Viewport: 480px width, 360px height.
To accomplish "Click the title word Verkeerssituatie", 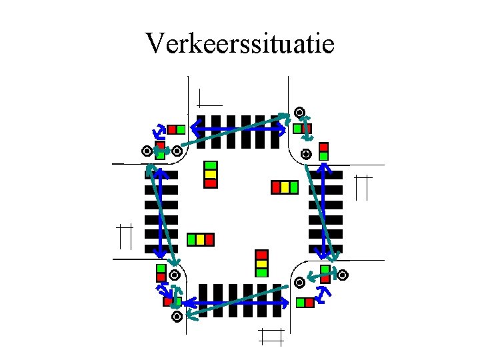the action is (x=239, y=44).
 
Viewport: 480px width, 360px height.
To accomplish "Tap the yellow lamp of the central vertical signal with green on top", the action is (x=210, y=173).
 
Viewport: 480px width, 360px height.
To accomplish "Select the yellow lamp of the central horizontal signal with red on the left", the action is (x=285, y=187).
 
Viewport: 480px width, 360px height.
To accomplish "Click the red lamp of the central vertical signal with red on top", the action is (x=261, y=255).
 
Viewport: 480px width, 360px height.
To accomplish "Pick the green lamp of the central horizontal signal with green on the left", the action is (x=192, y=239).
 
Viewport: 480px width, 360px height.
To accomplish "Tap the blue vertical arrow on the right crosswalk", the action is (x=323, y=212).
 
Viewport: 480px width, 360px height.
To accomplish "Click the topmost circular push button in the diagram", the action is (x=299, y=112).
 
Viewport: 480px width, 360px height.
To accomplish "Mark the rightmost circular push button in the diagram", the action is (x=343, y=274).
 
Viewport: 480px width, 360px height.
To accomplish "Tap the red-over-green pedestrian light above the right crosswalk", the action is (x=323, y=151).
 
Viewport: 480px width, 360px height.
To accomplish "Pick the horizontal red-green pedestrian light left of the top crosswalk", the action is (x=176, y=129).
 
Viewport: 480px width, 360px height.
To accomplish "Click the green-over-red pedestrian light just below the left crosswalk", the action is (x=161, y=273).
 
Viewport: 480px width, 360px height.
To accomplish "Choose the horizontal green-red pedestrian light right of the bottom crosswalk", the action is (x=305, y=303).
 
